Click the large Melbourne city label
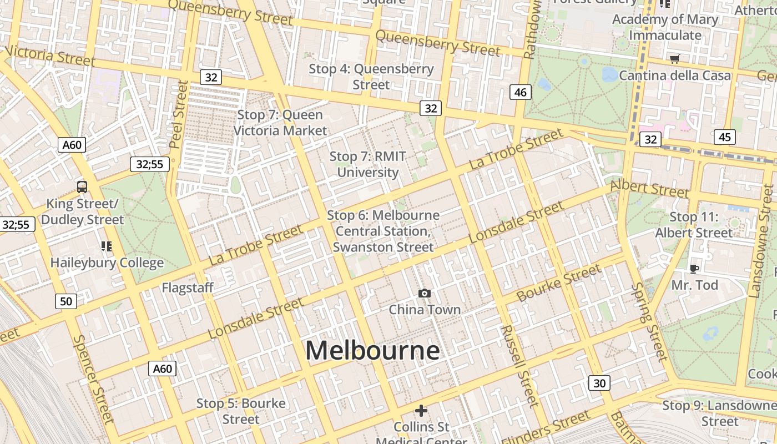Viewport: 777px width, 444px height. tap(372, 351)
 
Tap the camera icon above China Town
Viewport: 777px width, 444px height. tap(425, 293)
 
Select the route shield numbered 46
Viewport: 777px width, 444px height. tap(520, 92)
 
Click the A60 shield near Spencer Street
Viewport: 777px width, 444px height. tap(162, 369)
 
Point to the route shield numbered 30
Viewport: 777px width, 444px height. tap(599, 383)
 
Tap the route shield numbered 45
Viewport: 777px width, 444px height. tap(725, 137)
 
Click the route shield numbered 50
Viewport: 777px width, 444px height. tap(65, 301)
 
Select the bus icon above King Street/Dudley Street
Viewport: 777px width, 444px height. tap(82, 186)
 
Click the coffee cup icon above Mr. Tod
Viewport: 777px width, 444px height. tap(694, 269)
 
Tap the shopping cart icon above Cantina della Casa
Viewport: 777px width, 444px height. tap(674, 59)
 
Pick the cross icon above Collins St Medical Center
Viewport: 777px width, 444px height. tap(421, 411)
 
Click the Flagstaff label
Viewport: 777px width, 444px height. tap(188, 287)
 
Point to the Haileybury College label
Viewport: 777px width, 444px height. tap(107, 263)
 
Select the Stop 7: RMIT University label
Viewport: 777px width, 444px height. tap(367, 164)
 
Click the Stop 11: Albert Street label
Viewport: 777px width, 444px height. tap(694, 225)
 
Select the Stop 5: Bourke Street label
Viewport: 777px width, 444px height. tap(241, 411)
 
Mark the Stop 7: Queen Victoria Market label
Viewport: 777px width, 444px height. tap(280, 123)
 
